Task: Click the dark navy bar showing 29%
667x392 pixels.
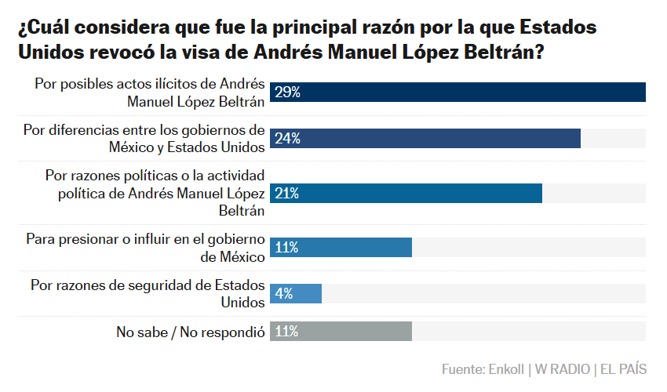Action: (x=457, y=93)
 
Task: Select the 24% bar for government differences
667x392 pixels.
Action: (x=425, y=138)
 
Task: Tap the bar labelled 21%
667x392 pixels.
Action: (x=406, y=194)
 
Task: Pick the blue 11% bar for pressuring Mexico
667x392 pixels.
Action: (x=341, y=248)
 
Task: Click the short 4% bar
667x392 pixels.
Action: (x=296, y=293)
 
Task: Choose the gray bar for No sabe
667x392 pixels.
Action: (x=341, y=331)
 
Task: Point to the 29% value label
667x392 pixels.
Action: (x=287, y=93)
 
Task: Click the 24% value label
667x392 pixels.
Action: (x=287, y=138)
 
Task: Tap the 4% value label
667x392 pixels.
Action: (x=284, y=293)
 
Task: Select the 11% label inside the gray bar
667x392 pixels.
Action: (x=286, y=331)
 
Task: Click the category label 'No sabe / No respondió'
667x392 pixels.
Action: (x=191, y=332)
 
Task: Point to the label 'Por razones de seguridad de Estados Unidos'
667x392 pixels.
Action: (x=148, y=293)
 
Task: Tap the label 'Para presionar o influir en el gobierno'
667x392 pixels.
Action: (x=145, y=239)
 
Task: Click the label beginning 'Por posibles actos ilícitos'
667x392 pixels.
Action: (x=150, y=93)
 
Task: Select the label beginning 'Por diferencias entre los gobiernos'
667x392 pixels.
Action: (x=144, y=139)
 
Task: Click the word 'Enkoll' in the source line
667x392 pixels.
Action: (x=506, y=369)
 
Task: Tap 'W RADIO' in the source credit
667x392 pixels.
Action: (x=563, y=369)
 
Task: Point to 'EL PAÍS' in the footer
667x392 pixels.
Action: (x=624, y=368)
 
